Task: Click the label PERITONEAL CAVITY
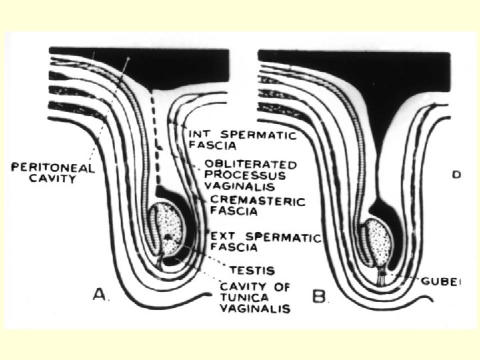pyautogui.click(x=53, y=173)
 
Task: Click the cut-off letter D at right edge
pyautogui.click(x=456, y=175)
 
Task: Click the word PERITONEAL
pyautogui.click(x=53, y=167)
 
